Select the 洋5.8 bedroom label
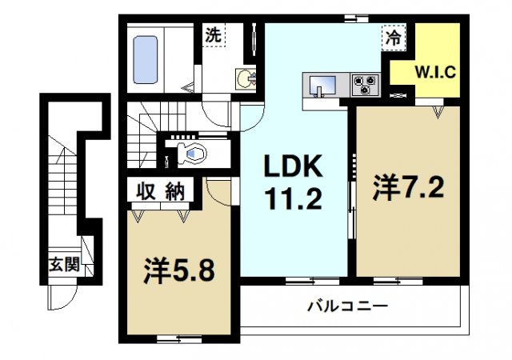[178, 270]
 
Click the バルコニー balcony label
[347, 306]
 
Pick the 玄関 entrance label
[64, 265]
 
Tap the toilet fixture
[190, 152]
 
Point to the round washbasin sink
[243, 78]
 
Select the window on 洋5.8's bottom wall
[167, 338]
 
